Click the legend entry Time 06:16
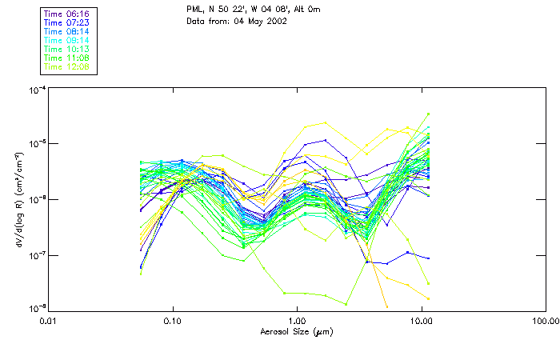(x=67, y=14)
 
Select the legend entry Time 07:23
(x=67, y=22)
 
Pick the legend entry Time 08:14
(x=67, y=31)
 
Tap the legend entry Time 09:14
(x=67, y=40)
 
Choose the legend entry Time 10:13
(x=67, y=49)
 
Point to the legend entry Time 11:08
(x=67, y=58)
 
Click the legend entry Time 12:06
(x=67, y=66)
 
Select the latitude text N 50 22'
(x=233, y=9)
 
